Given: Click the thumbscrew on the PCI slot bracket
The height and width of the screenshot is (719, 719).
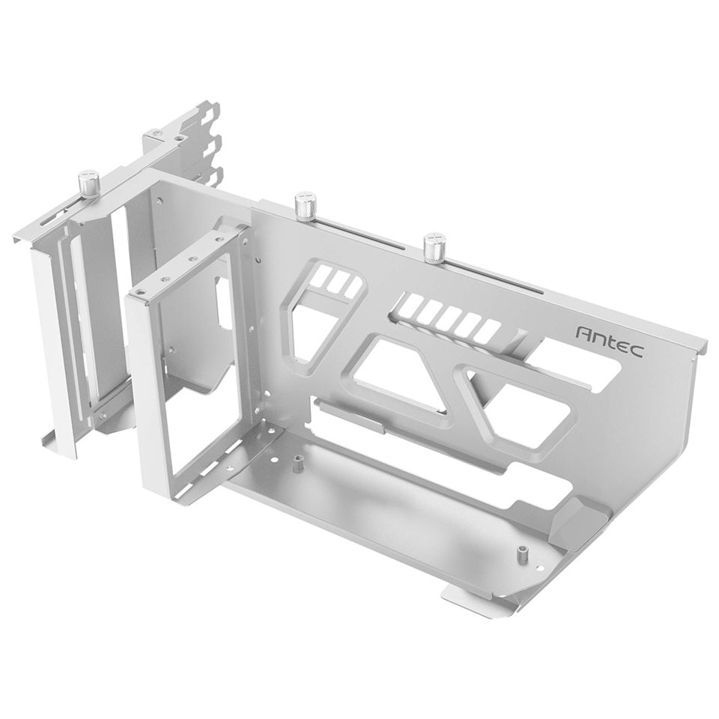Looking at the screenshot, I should pos(90,182).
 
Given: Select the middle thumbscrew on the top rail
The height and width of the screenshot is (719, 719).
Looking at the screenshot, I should pos(306,204).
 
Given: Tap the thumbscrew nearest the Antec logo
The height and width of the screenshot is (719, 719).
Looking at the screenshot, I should pos(433,247).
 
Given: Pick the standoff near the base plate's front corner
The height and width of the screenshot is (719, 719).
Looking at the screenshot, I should pos(521,553).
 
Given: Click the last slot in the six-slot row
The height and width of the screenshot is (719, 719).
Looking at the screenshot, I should pos(490,331).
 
